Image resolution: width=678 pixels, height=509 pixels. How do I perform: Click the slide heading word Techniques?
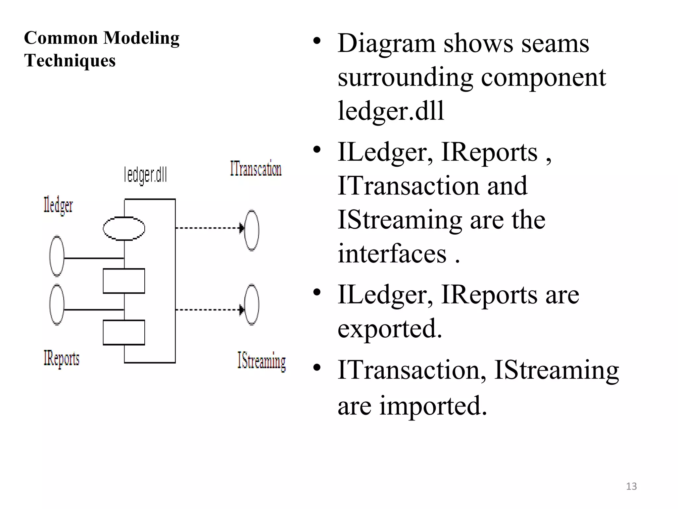70,61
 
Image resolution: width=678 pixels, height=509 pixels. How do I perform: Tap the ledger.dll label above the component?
145,175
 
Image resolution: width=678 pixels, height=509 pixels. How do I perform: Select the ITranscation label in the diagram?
256,169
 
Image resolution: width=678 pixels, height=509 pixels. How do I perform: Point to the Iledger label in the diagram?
58,205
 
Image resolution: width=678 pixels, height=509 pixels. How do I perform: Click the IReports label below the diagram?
62,359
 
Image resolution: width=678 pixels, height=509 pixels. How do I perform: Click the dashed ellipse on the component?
124,228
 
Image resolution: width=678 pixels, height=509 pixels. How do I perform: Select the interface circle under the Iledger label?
57,256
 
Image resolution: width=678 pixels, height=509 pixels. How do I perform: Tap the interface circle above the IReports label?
57,305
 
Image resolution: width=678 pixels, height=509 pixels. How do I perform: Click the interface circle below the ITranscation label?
252,230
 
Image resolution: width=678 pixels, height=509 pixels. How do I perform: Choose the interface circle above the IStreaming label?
252,305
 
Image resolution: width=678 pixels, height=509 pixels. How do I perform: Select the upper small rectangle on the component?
124,281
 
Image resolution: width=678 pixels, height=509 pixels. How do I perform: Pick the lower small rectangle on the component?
124,332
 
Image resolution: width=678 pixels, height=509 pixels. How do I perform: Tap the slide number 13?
631,486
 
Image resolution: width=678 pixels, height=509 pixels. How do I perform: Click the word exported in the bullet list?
390,328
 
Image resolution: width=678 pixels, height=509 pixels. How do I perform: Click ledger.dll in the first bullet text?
391,111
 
